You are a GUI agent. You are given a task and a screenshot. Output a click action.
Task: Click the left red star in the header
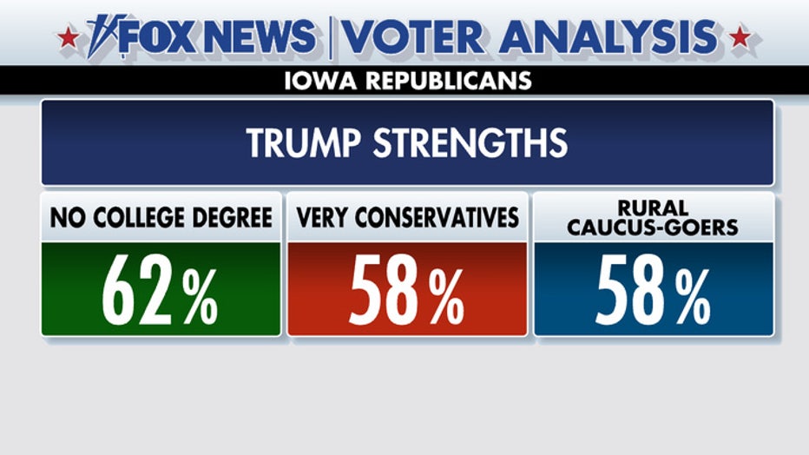coord(68,38)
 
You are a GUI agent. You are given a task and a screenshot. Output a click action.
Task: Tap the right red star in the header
coord(740,38)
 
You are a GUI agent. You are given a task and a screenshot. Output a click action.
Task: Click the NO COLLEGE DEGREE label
coord(161,218)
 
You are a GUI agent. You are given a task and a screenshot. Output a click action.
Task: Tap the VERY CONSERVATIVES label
coord(407,218)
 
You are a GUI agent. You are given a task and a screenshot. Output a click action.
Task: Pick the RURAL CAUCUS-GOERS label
coord(653,217)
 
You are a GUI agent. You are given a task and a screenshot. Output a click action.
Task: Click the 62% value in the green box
coord(161,290)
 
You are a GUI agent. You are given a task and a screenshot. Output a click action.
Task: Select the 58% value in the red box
coord(407,290)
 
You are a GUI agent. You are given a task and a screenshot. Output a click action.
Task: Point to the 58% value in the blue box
coord(653,290)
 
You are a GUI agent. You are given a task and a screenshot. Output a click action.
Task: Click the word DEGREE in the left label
coord(233,218)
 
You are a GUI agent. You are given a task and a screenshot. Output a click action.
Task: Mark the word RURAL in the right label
coord(653,209)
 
